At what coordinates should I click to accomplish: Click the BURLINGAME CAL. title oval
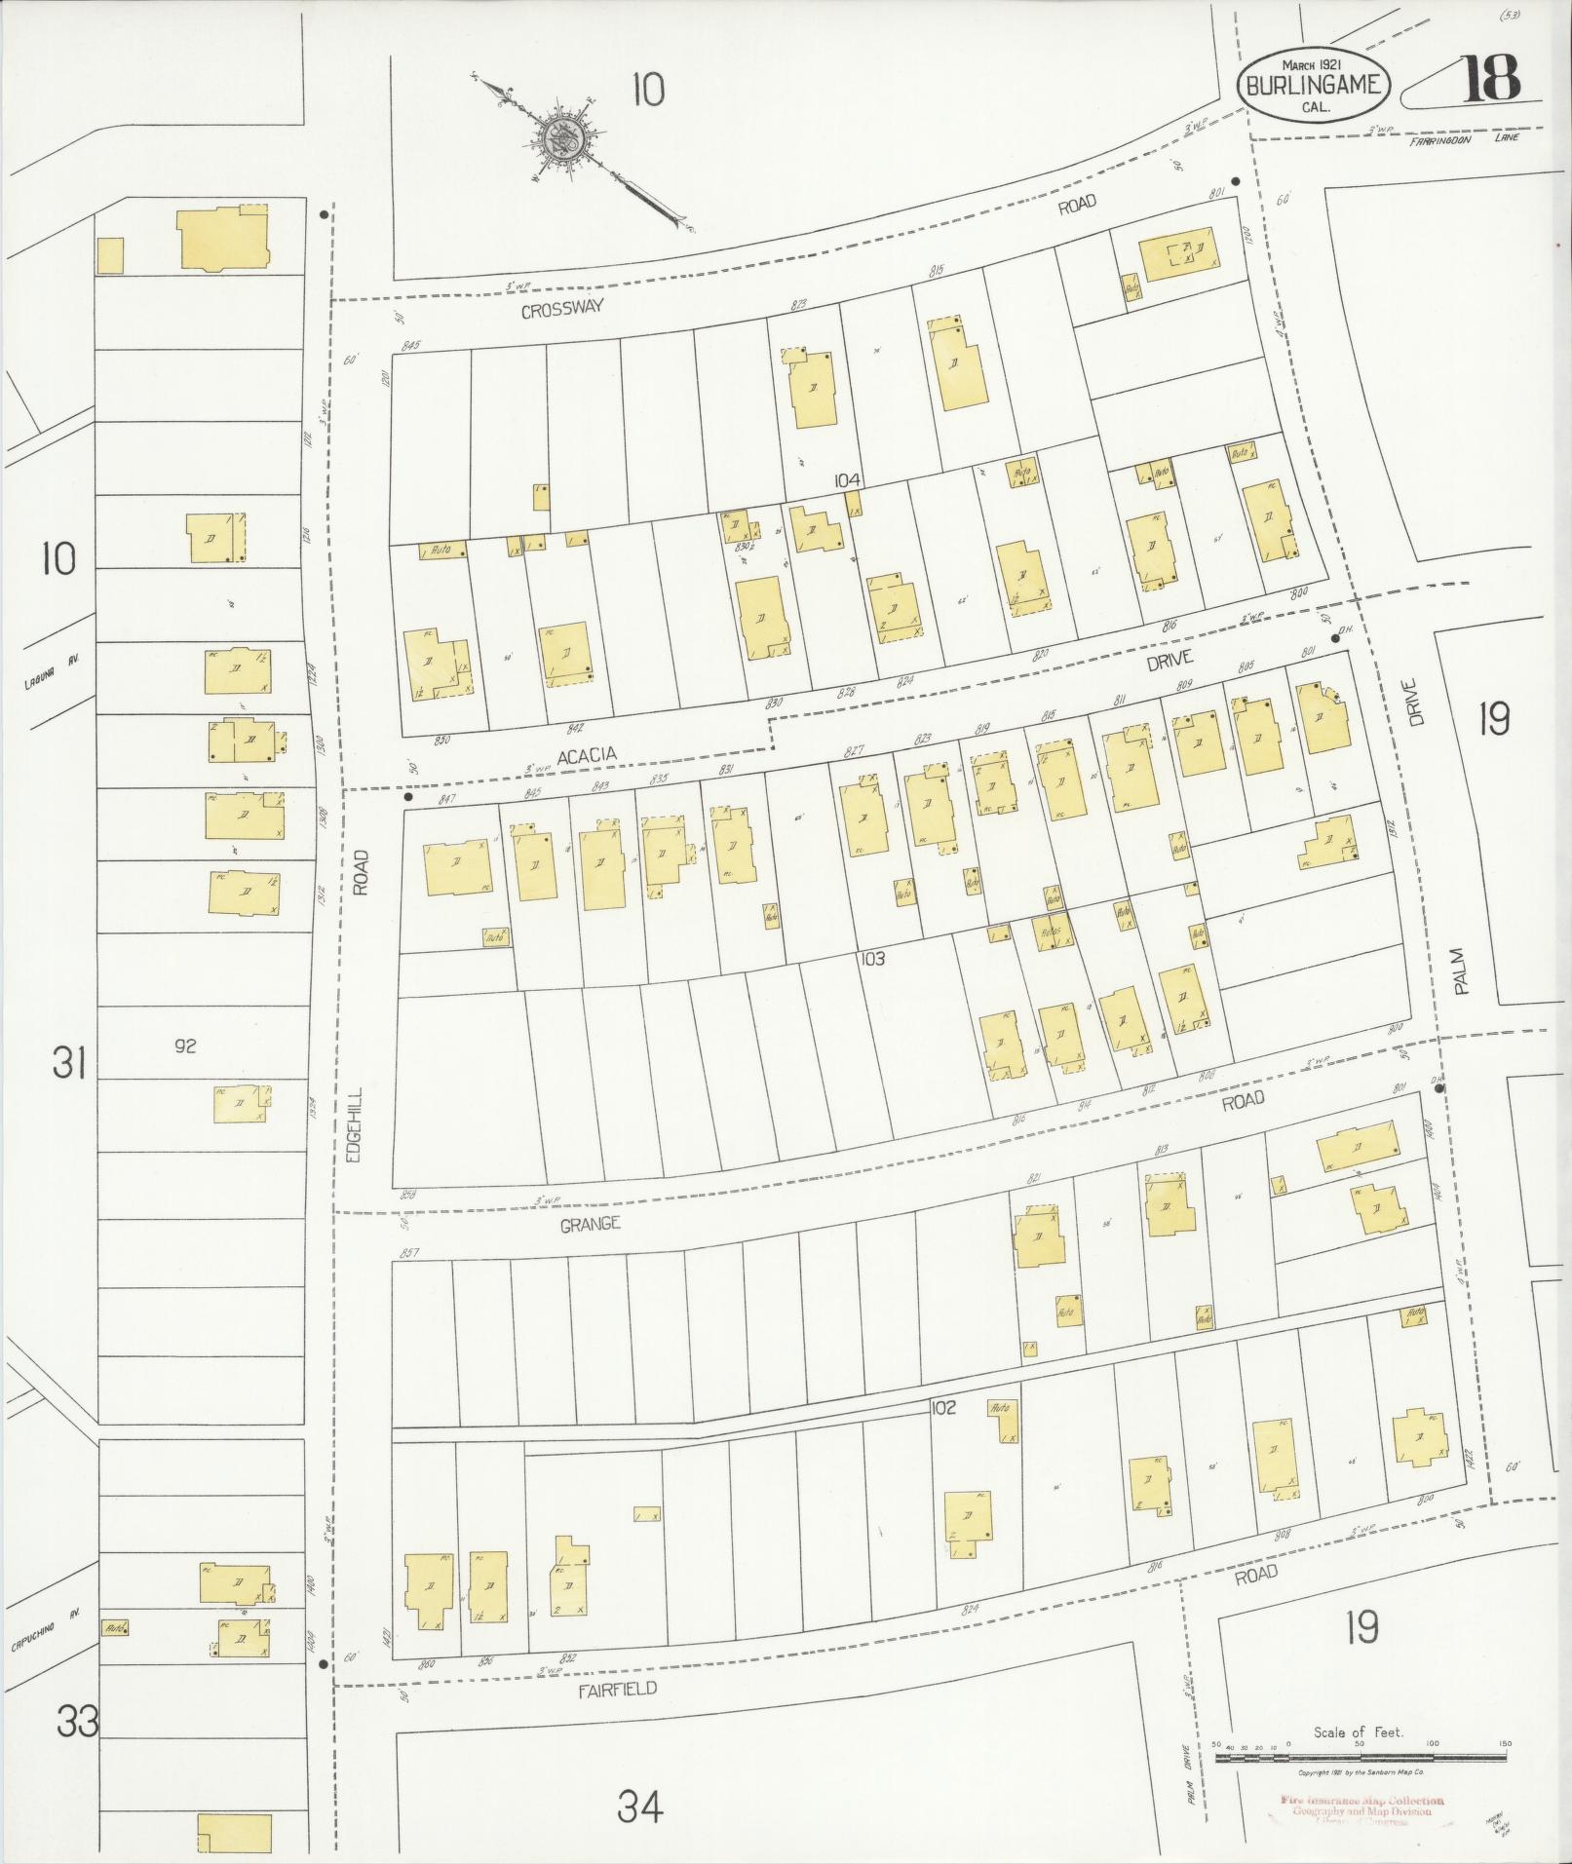coord(1311,85)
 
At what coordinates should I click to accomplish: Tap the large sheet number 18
coord(1490,79)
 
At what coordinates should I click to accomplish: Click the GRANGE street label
coord(590,1224)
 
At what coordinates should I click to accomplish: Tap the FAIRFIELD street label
coord(616,1689)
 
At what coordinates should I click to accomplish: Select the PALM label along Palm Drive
coord(1459,972)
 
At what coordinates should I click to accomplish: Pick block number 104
coord(847,479)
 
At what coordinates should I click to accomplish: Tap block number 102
coord(942,1407)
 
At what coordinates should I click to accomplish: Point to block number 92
coord(185,1046)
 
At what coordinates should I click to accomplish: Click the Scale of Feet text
coord(1358,1732)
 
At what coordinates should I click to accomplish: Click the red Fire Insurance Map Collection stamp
coord(1361,1803)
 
